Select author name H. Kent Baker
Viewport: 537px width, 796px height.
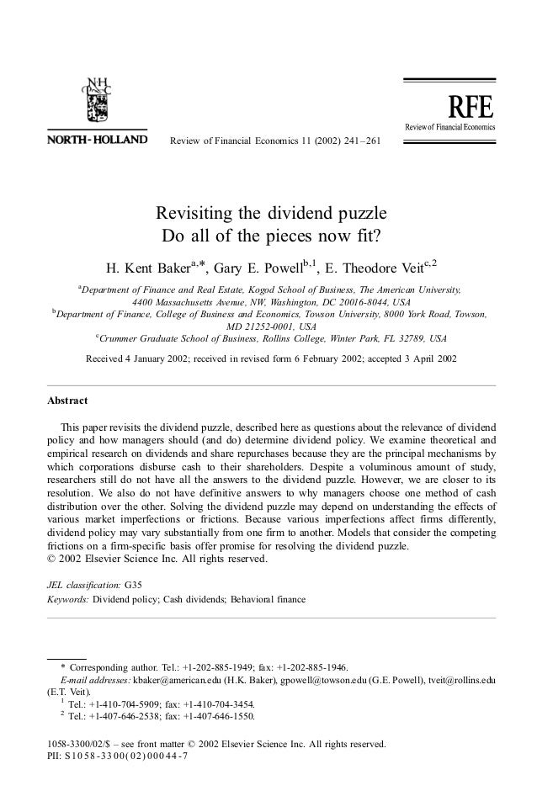[146, 269]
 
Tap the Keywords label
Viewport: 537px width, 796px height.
[66, 600]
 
